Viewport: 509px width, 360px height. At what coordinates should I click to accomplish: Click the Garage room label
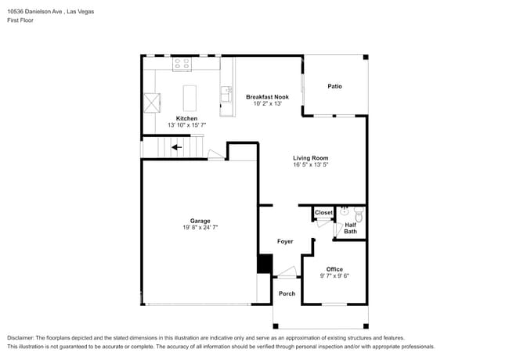(x=200, y=221)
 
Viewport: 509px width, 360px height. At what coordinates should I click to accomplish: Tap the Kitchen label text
(x=186, y=118)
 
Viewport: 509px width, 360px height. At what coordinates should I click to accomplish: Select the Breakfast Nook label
(x=267, y=97)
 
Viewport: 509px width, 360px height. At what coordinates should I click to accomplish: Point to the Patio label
(x=334, y=86)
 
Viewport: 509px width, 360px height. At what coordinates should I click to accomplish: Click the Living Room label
(x=310, y=158)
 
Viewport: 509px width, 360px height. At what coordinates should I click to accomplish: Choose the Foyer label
(x=285, y=241)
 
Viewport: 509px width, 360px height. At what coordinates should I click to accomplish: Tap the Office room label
(x=334, y=269)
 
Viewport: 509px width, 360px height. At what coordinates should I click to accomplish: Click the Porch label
(x=287, y=293)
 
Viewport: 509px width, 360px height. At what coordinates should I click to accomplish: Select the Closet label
(x=323, y=213)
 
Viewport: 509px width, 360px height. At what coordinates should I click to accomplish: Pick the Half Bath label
(x=351, y=228)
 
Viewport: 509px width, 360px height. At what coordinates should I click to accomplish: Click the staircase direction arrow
(x=177, y=146)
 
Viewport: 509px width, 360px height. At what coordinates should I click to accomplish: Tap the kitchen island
(x=189, y=98)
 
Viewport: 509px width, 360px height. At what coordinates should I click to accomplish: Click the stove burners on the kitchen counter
(x=182, y=63)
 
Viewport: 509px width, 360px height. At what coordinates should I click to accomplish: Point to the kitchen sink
(x=226, y=95)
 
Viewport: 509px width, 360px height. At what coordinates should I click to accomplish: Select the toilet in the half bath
(x=359, y=213)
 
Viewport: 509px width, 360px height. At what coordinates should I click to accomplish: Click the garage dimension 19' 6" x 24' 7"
(x=200, y=228)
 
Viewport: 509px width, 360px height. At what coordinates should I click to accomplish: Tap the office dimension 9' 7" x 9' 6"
(x=334, y=275)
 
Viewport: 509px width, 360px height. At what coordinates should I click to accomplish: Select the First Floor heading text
(x=20, y=20)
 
